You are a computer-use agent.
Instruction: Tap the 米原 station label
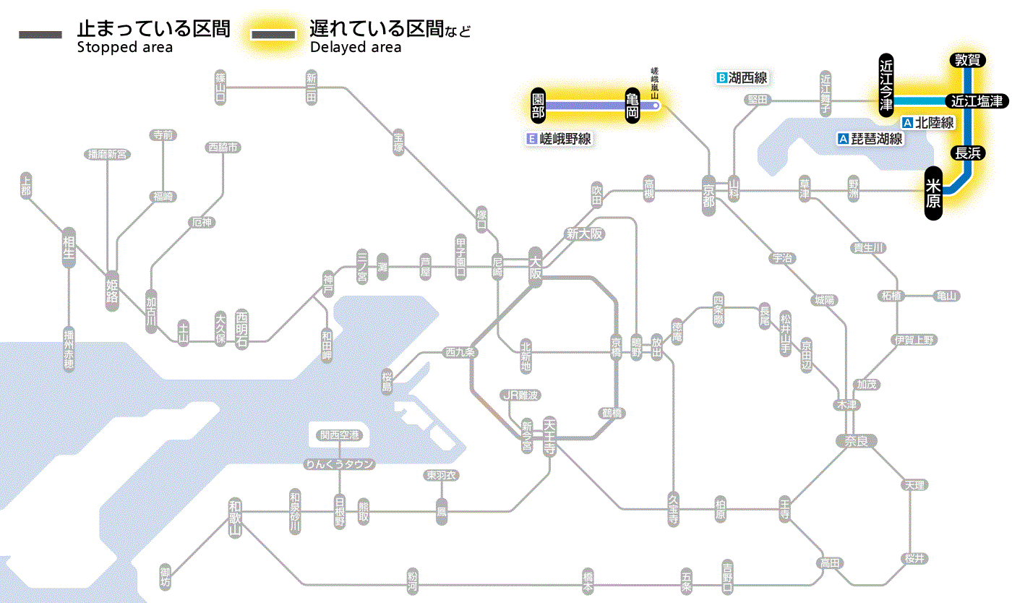tap(934, 193)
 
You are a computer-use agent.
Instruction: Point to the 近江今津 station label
tap(886, 85)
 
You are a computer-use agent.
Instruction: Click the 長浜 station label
tap(967, 153)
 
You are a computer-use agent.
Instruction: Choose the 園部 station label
tap(538, 106)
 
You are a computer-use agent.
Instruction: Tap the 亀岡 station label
tap(632, 106)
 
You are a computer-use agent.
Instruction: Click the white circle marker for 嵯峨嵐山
tap(656, 106)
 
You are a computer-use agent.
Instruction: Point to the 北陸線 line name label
tap(928, 123)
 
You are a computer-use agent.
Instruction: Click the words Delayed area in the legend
tap(356, 48)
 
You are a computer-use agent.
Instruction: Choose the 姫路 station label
tap(112, 290)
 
